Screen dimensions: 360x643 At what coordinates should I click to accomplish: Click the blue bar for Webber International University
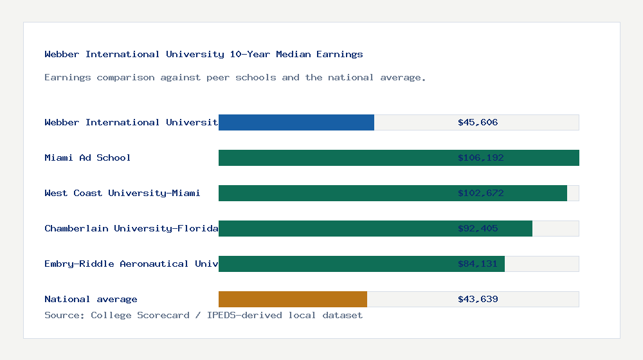click(296, 122)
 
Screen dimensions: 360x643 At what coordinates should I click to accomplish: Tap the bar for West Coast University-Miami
click(334, 193)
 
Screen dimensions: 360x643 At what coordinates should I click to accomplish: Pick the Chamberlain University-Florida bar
click(334, 228)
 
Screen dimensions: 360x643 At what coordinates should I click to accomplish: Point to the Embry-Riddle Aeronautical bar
click(334, 264)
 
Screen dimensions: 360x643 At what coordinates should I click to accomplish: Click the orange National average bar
click(293, 299)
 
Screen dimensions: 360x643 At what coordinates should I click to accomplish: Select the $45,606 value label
click(478, 122)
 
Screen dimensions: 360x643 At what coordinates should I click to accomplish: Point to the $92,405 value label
click(478, 228)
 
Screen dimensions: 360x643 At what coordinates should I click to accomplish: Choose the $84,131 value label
click(478, 264)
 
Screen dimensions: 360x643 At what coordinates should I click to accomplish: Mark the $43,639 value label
click(478, 299)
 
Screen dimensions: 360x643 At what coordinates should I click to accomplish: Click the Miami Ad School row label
click(87, 157)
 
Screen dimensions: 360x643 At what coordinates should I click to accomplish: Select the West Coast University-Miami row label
click(122, 193)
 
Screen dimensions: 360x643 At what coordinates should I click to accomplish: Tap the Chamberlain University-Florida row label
click(131, 228)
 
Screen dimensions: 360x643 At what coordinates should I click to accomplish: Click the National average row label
click(91, 299)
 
